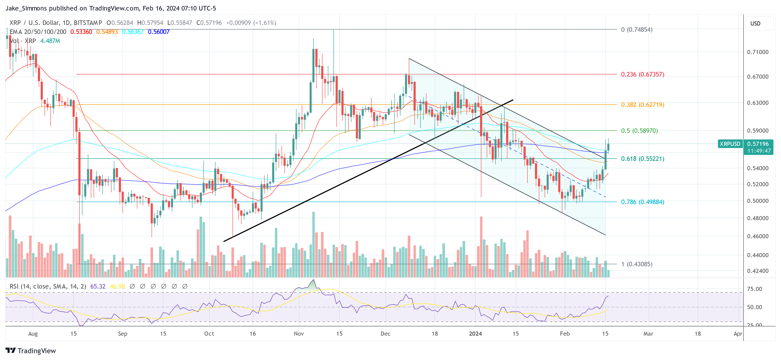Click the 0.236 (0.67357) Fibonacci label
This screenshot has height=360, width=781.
[642, 74]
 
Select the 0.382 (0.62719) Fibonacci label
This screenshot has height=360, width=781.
[642, 105]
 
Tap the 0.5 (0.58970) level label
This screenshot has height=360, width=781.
[639, 131]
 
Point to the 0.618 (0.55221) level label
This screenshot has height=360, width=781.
[642, 159]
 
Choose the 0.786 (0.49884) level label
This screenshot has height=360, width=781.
[642, 202]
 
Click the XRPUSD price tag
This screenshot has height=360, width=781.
[730, 144]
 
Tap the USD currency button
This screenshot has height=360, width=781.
[755, 23]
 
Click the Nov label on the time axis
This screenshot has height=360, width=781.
[299, 334]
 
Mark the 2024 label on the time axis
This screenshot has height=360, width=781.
[475, 334]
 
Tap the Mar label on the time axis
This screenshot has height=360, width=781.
[648, 334]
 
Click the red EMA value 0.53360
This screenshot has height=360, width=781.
[81, 32]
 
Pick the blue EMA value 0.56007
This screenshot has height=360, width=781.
[159, 32]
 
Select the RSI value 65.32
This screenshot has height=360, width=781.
[98, 286]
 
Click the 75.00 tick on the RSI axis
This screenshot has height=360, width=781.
[754, 289]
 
